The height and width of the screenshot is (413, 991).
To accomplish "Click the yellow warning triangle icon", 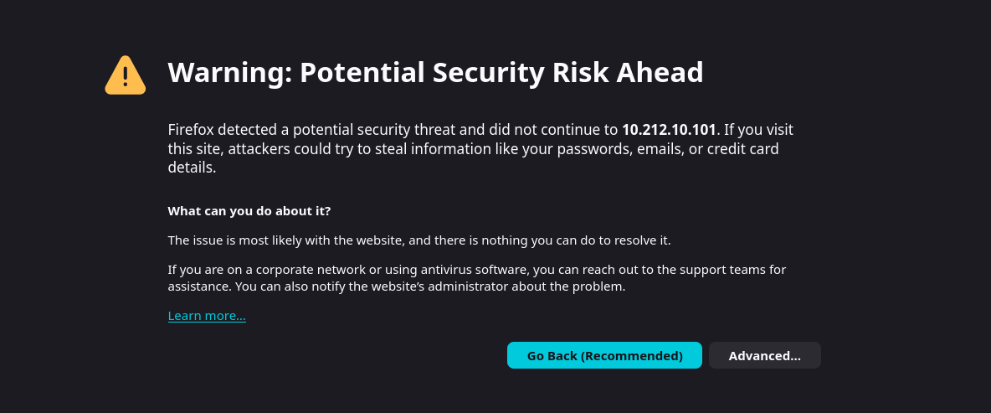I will tap(126, 75).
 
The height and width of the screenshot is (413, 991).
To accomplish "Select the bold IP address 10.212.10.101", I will tap(669, 130).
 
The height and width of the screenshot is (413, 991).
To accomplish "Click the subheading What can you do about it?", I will tap(249, 210).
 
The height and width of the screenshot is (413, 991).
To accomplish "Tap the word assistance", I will tap(198, 287).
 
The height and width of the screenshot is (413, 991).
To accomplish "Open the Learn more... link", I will tap(207, 316).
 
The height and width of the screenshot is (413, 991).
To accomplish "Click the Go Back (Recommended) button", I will tap(604, 355).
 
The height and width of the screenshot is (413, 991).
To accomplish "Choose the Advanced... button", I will tap(764, 355).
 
